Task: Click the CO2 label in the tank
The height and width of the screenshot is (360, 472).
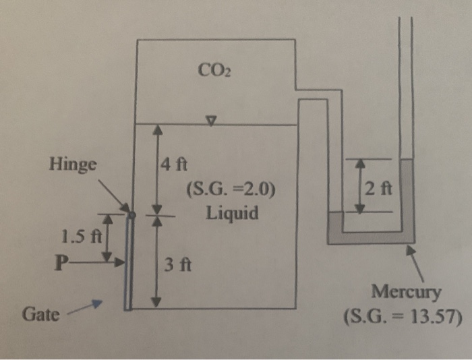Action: (x=213, y=70)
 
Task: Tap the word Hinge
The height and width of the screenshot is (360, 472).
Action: (x=72, y=165)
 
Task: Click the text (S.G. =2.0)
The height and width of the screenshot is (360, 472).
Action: (x=229, y=188)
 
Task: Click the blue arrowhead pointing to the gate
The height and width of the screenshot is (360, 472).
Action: (x=95, y=305)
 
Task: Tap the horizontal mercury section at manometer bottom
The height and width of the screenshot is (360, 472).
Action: (x=371, y=237)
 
